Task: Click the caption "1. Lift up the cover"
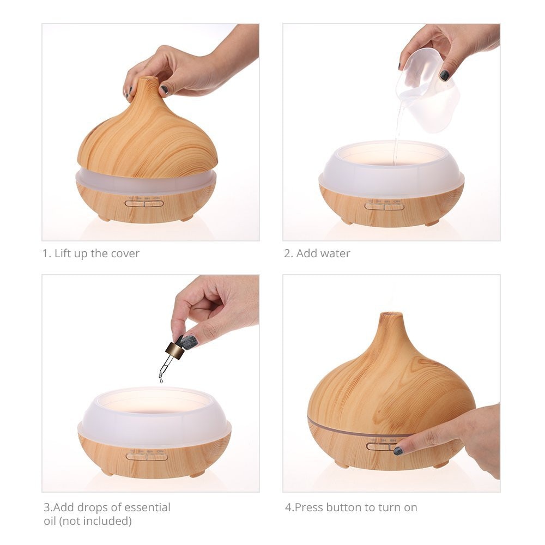[x=91, y=253]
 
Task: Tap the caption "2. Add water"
[x=317, y=253]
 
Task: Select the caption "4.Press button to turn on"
[x=351, y=507]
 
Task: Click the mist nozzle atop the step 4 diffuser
[x=391, y=315]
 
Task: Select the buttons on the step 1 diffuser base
[x=144, y=203]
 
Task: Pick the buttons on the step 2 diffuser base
[x=384, y=206]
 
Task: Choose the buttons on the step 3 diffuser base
[x=147, y=457]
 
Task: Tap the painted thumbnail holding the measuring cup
[x=445, y=75]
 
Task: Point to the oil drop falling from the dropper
[x=161, y=380]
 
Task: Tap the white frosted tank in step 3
[x=154, y=417]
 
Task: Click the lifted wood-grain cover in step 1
[x=147, y=136]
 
